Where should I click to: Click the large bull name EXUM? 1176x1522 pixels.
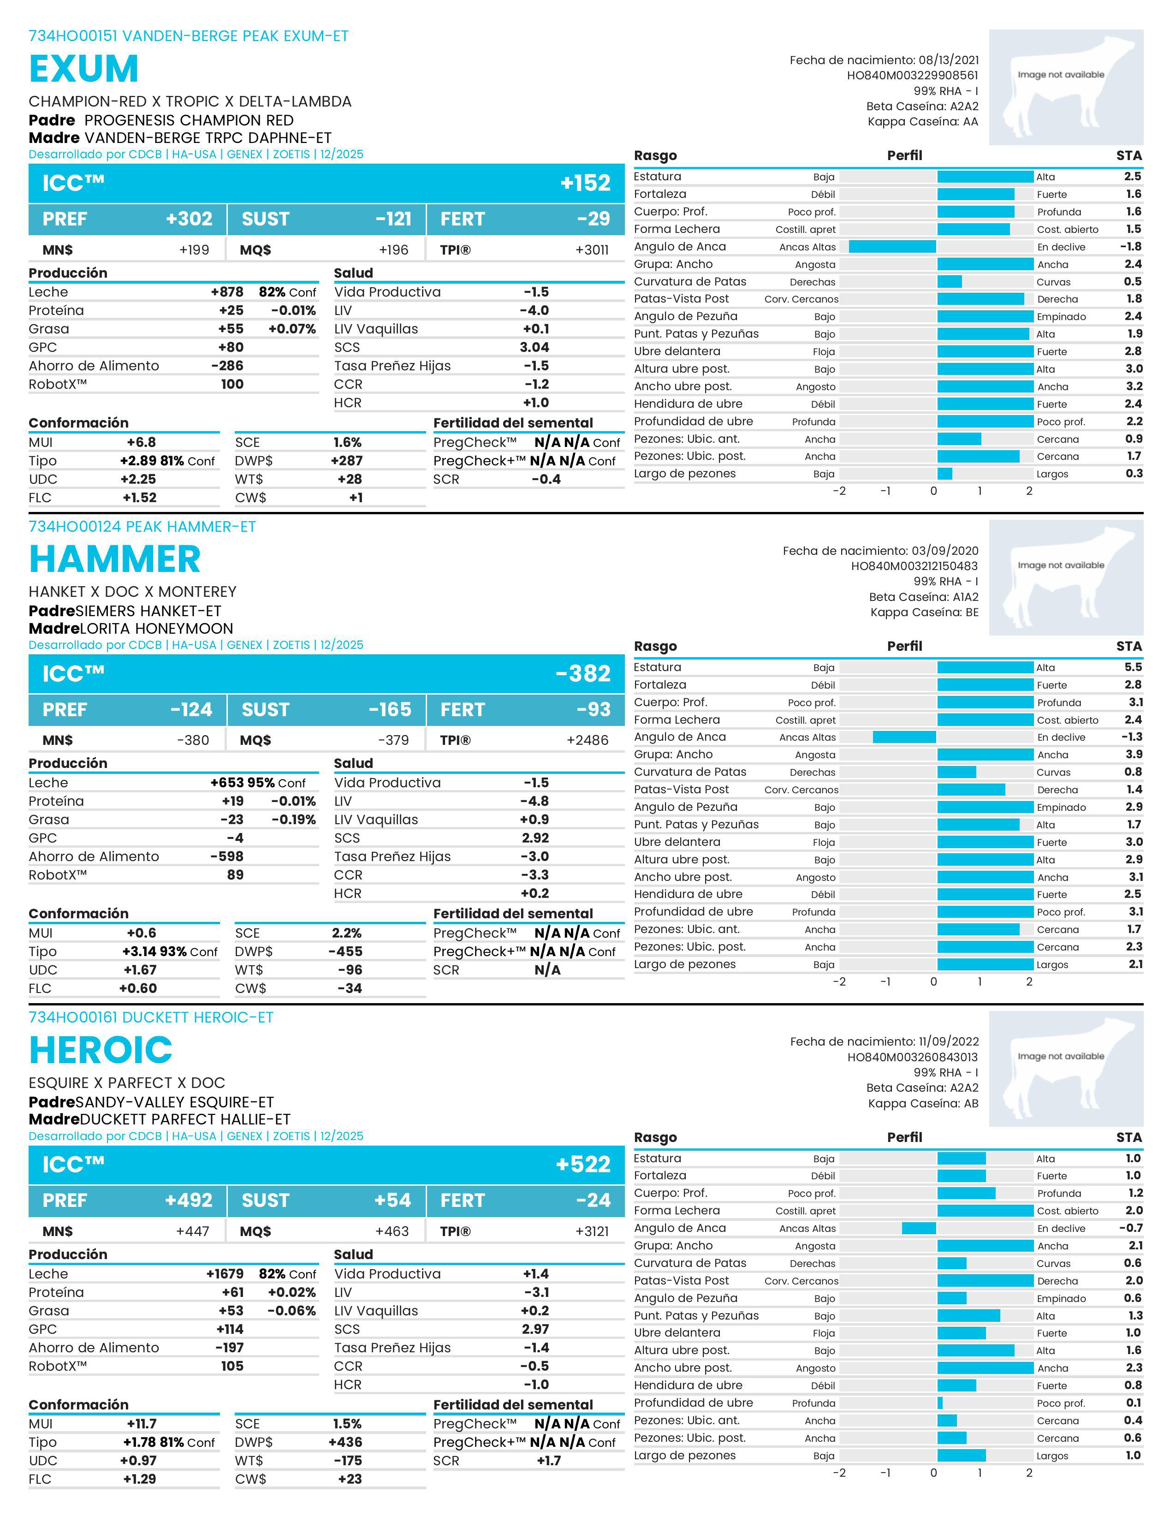point(83,69)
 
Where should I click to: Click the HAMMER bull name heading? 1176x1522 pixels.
point(115,559)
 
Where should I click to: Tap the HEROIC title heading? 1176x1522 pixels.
point(101,1050)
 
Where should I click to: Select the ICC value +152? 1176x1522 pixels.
point(585,183)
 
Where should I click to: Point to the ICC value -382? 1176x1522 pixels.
point(582,674)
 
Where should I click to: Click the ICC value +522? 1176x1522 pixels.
point(582,1165)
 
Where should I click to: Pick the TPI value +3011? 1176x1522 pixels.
point(592,250)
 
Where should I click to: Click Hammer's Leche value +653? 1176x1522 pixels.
point(226,783)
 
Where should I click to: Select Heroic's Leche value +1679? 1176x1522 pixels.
point(224,1274)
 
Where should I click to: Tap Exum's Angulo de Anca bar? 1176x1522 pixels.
point(892,247)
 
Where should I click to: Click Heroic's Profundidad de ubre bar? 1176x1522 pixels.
point(940,1403)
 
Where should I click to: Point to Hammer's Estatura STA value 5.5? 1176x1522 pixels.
point(1133,667)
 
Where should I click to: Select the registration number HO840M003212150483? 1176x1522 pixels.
point(914,566)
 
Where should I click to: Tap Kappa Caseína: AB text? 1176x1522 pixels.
point(923,1103)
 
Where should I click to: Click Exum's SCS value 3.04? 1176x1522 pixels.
point(535,347)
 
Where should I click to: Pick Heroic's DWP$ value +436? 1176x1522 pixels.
point(345,1442)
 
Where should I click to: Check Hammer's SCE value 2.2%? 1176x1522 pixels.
point(346,933)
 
